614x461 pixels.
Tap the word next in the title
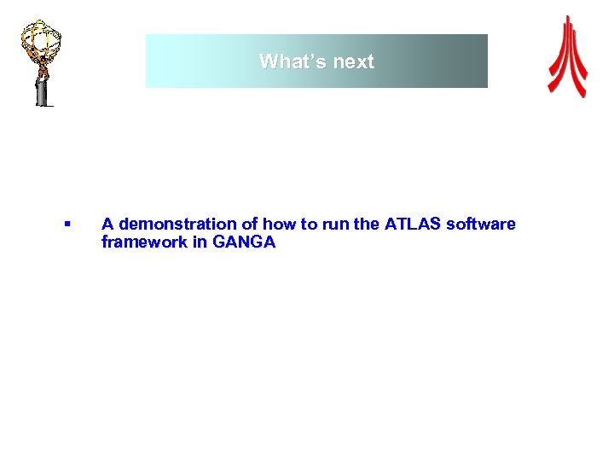coord(351,61)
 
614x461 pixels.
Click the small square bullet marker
coord(66,225)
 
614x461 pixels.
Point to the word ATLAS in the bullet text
coord(413,224)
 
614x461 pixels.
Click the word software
coord(481,224)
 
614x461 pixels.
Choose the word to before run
coord(309,224)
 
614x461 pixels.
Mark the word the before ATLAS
coord(367,224)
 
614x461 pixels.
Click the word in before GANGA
coord(200,242)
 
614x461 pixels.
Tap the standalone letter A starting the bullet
coord(107,224)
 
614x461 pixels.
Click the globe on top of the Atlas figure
coord(41,38)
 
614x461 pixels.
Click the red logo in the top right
coord(567,57)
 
